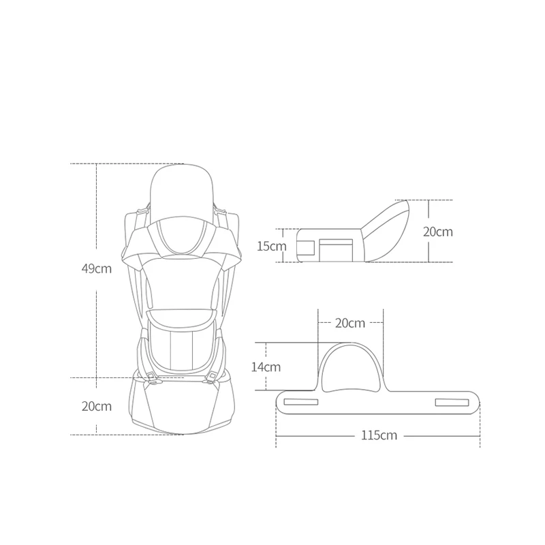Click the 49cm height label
pos(97,268)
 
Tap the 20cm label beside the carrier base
pos(97,406)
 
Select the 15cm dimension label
pos(271,246)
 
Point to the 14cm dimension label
pos(266,367)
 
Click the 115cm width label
pos(379,435)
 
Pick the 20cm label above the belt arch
pos(350,323)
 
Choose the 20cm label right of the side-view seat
pos(437,232)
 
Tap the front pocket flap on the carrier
pos(182,317)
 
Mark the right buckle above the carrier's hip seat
pos(213,376)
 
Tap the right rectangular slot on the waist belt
pos(452,402)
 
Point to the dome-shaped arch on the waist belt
pos(351,369)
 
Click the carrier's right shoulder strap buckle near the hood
pos(219,210)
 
